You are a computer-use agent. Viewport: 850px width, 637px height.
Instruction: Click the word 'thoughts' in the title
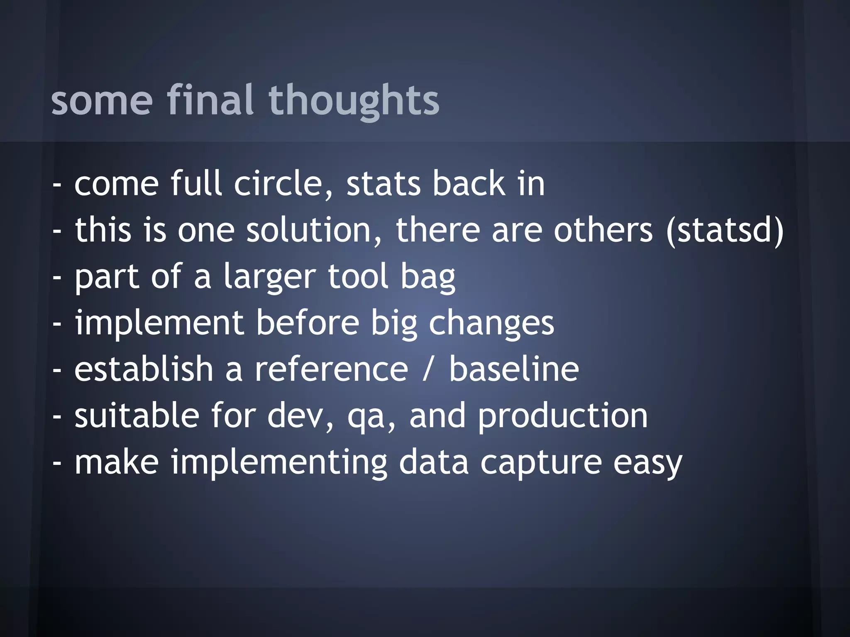pos(354,100)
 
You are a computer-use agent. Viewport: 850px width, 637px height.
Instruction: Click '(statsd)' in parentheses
pos(725,230)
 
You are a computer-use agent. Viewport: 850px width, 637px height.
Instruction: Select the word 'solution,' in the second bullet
pos(314,230)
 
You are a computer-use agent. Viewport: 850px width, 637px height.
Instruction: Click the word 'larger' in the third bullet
pos(270,277)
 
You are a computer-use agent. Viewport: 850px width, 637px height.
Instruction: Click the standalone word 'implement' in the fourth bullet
pos(159,323)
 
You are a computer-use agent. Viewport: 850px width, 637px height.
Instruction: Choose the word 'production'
pos(562,416)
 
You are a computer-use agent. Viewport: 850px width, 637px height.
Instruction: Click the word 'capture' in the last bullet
pos(541,463)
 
